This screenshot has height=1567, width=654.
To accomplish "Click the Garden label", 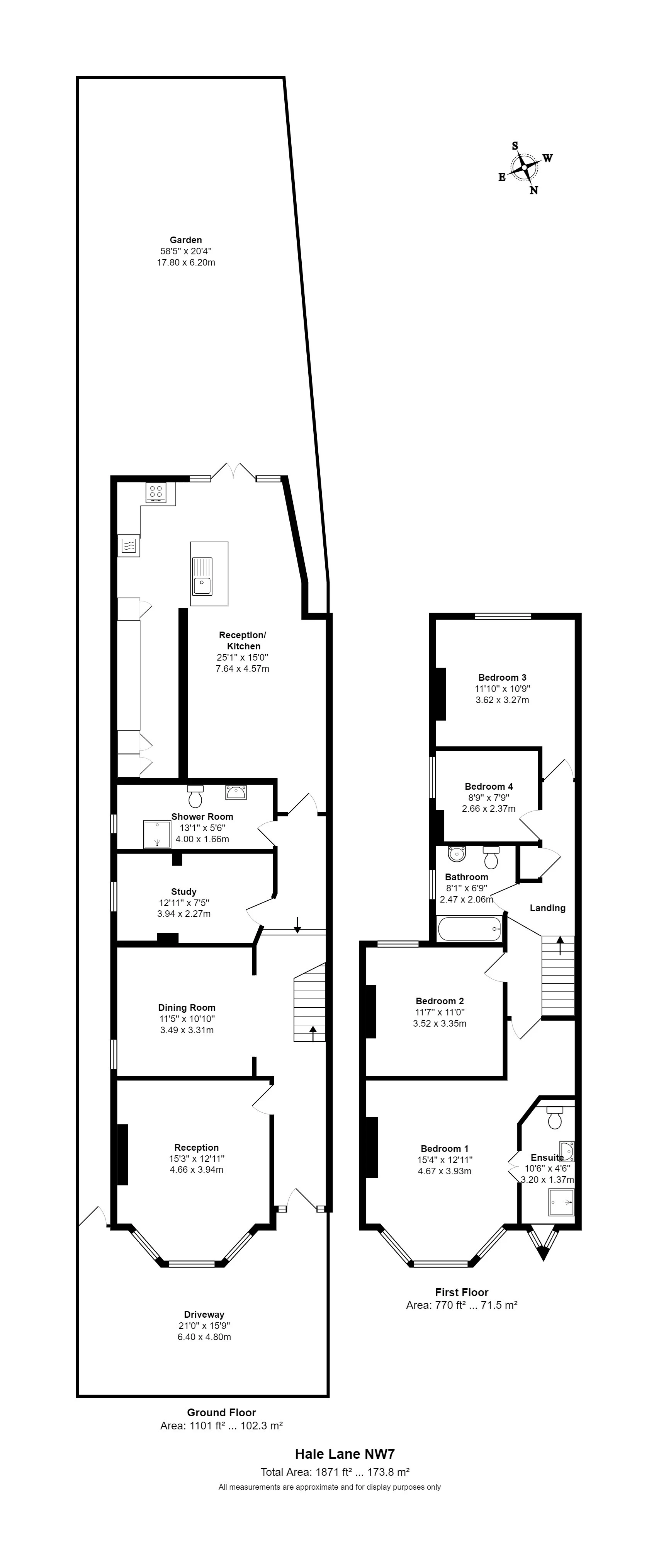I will pos(185,240).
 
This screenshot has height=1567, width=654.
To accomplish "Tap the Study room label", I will pos(183,891).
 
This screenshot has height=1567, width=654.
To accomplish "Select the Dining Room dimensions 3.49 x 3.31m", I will pos(187,1030).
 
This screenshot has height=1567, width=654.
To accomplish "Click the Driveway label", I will pos(204,1314).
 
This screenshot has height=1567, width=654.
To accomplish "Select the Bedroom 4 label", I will pos(489,786).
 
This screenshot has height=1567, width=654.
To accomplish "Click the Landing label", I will pos(547,908).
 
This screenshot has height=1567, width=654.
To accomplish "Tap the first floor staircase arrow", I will pos(560,942).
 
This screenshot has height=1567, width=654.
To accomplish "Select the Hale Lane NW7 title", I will pos(345,1454).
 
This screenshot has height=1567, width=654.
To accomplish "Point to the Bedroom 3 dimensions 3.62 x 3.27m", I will pos(502,700).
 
